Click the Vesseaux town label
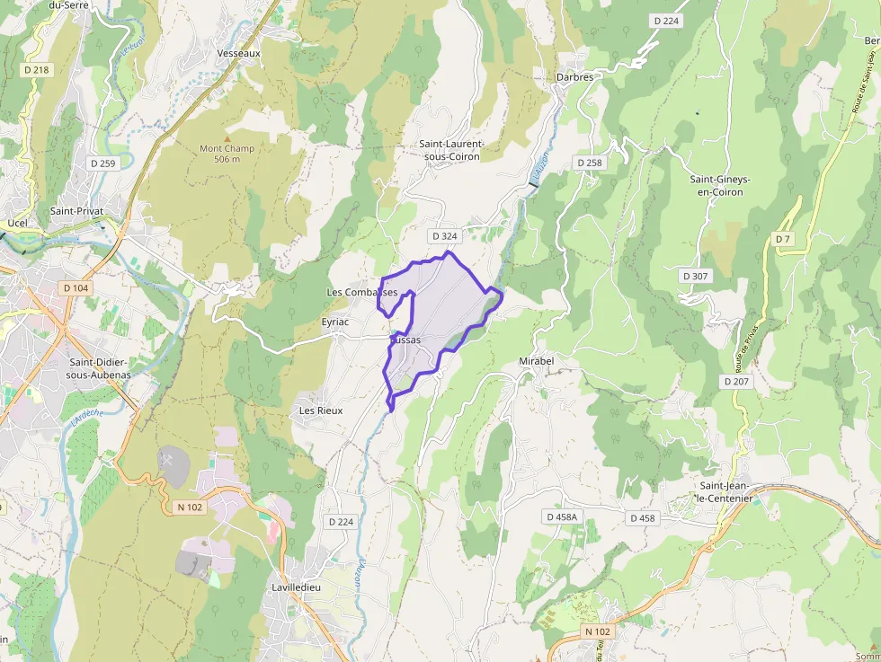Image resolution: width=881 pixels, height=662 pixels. point(238,53)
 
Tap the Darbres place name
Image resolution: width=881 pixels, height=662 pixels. point(574,77)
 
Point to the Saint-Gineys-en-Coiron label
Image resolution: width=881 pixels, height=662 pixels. point(720,185)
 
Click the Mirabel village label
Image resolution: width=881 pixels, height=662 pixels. point(537,361)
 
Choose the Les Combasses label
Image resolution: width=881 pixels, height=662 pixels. point(361,293)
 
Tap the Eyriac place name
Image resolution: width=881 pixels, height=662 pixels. point(334,321)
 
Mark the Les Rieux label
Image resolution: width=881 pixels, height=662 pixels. point(320,410)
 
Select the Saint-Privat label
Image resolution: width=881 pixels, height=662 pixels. point(77,211)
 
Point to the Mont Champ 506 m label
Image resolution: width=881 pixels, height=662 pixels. point(227,154)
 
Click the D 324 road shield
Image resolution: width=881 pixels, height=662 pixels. point(444,236)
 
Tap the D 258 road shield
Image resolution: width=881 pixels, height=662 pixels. point(589,163)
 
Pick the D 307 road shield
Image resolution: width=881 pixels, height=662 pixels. point(695,276)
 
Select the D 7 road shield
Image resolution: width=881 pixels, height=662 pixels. point(784,238)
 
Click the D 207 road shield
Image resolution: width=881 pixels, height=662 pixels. point(736,381)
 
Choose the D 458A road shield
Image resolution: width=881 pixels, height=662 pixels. point(562,517)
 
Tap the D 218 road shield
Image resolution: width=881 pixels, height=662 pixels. point(36,69)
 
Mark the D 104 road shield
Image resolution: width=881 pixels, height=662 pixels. point(76,287)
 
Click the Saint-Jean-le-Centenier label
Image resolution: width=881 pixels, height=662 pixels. point(725,491)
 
